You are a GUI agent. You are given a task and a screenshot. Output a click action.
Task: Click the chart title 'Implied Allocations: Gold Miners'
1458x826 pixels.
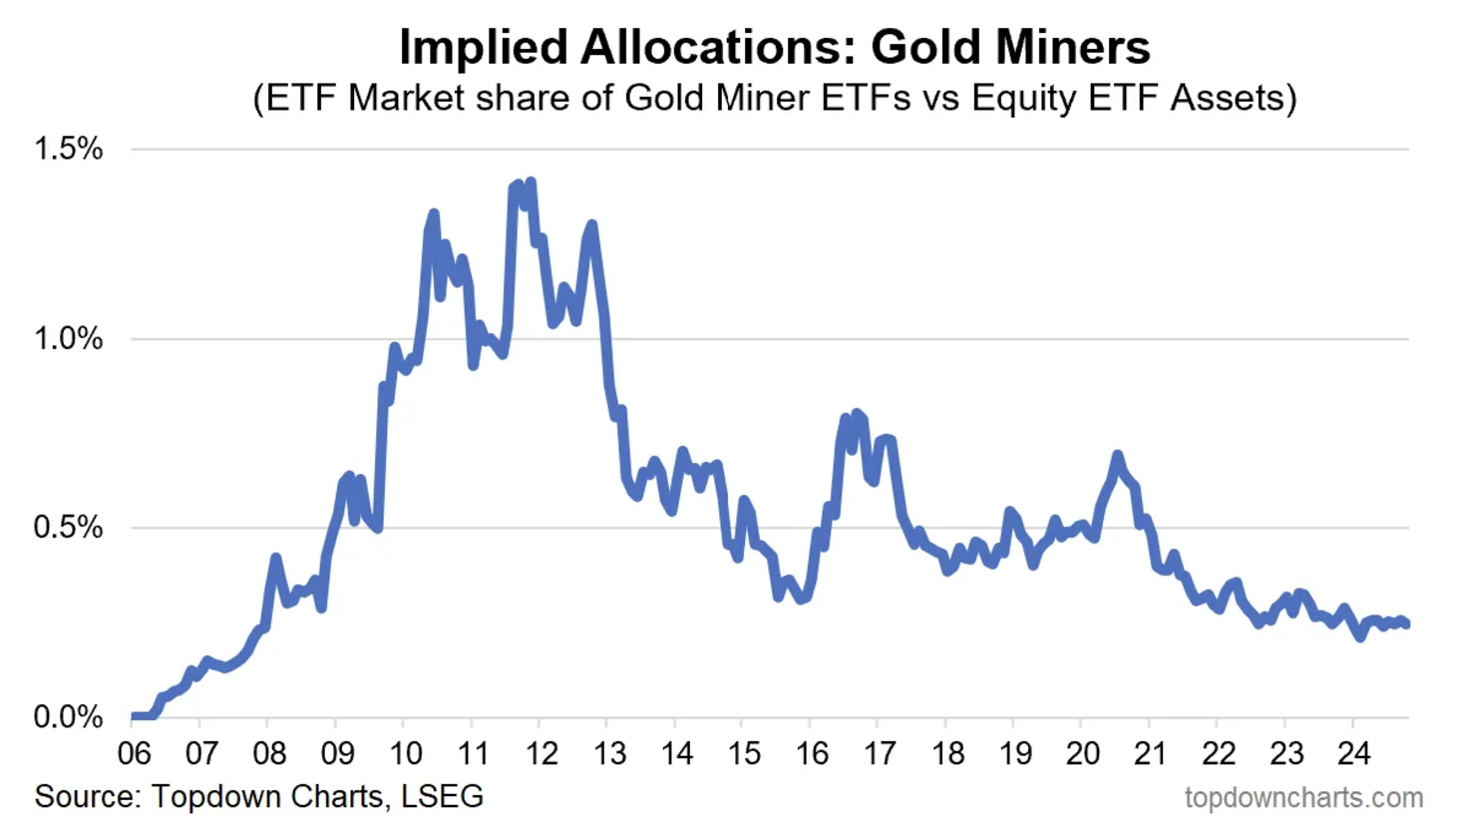[774, 47]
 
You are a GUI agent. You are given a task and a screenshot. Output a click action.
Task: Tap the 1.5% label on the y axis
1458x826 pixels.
[68, 150]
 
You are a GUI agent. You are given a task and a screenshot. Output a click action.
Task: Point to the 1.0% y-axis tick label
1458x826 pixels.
[68, 339]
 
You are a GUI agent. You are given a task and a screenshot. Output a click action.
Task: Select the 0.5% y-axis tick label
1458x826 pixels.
[68, 528]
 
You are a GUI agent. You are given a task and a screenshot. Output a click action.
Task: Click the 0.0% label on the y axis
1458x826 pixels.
[68, 716]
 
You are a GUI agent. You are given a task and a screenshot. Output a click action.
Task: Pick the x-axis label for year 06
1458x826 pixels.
[134, 753]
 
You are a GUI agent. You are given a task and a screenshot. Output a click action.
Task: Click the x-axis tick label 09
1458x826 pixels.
[337, 753]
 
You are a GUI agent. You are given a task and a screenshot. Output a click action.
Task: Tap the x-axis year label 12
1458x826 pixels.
[542, 753]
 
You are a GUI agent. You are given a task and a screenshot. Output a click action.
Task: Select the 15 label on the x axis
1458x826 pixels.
[744, 753]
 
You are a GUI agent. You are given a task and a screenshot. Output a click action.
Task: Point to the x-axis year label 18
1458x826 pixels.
[947, 753]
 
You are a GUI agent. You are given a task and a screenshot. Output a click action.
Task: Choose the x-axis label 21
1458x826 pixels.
[1150, 753]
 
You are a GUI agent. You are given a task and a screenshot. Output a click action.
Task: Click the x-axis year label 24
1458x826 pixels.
[1353, 753]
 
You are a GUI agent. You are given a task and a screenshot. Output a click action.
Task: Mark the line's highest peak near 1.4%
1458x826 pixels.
[531, 183]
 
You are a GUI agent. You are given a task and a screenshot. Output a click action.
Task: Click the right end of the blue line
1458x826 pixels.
[1406, 624]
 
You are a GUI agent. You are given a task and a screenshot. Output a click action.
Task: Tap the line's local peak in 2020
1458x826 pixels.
[1117, 456]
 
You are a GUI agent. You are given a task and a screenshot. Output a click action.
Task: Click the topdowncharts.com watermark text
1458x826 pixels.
[1302, 798]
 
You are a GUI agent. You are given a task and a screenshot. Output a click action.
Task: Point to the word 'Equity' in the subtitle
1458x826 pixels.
[1029, 98]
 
